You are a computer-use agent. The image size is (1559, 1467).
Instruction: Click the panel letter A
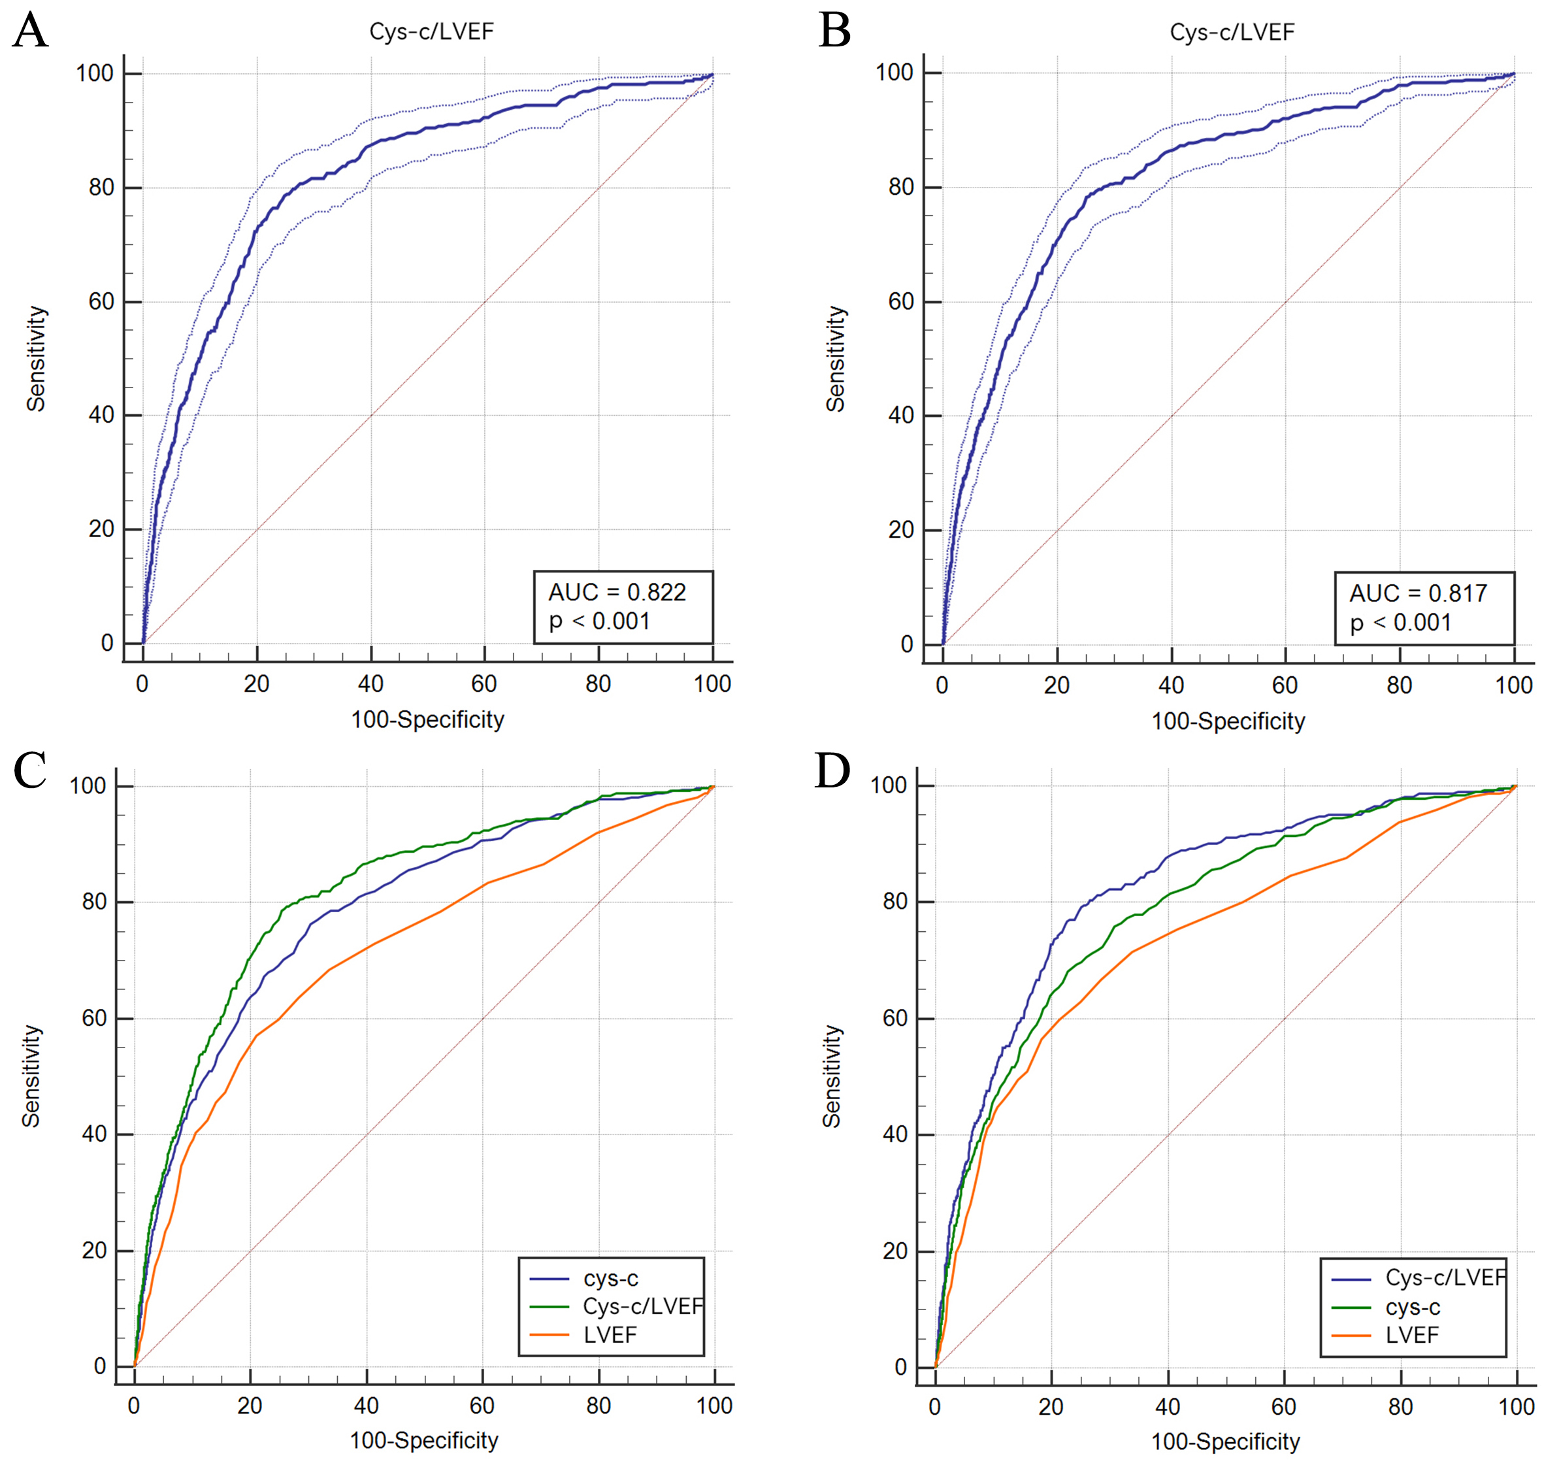pyautogui.click(x=30, y=31)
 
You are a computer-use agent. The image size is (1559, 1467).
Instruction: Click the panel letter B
pyautogui.click(x=834, y=31)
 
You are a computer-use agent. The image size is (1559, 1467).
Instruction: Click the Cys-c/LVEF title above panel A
pyautogui.click(x=431, y=31)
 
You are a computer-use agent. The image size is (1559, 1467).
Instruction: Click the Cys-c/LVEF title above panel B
pyautogui.click(x=1232, y=32)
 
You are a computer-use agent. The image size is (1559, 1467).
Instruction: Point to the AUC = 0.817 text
pyautogui.click(x=1418, y=593)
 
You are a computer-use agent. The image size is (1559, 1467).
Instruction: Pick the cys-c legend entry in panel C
pyautogui.click(x=610, y=1279)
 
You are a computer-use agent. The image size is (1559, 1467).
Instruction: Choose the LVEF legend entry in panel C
pyautogui.click(x=610, y=1335)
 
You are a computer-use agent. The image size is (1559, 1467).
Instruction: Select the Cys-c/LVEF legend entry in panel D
pyautogui.click(x=1445, y=1278)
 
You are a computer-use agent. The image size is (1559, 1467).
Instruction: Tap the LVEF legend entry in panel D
pyautogui.click(x=1411, y=1335)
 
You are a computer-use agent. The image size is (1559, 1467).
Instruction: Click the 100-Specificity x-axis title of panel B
pyautogui.click(x=1228, y=721)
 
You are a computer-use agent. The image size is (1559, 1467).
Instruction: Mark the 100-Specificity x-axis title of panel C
pyautogui.click(x=423, y=1440)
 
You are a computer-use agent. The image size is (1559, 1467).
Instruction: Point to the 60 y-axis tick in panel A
pyautogui.click(x=101, y=302)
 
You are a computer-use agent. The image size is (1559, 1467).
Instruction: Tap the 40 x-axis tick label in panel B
pyautogui.click(x=1171, y=685)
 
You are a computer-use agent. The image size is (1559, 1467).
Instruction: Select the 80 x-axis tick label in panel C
pyautogui.click(x=599, y=1406)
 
